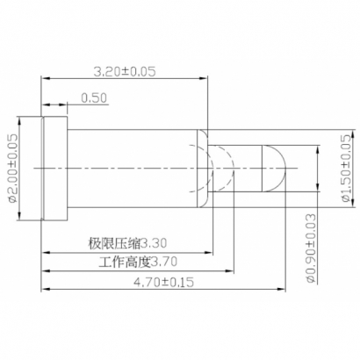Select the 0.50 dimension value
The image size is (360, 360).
coord(93,97)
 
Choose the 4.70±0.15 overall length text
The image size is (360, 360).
coord(162,283)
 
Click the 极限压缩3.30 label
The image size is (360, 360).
coord(126,242)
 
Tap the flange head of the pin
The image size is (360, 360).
coord(54,168)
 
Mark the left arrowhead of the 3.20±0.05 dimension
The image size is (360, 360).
coord(44,79)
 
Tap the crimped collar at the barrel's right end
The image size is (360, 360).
coord(202,168)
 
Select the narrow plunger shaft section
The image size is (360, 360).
coord(241,168)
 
